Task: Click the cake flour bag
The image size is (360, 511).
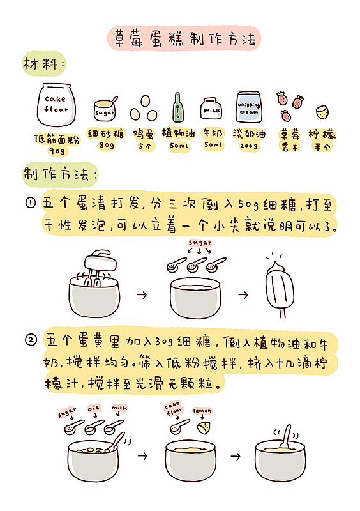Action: (57, 105)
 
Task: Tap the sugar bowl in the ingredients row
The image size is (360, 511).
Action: (105, 109)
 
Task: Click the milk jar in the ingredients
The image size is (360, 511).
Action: (211, 108)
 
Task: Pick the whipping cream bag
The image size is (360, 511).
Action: (249, 107)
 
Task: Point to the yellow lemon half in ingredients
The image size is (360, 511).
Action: (322, 112)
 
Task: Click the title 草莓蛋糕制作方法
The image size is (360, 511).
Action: (184, 39)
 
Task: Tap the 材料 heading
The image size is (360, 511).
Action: (43, 63)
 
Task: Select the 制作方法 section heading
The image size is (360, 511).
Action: (59, 174)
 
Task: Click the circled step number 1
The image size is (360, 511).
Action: (31, 203)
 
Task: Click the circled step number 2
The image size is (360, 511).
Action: (31, 340)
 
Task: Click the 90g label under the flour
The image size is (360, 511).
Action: (57, 151)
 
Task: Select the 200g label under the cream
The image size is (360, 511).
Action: (249, 146)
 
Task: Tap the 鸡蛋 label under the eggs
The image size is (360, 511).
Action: (144, 134)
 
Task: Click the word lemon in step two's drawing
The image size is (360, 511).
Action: (202, 411)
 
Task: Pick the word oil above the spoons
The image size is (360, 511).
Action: (94, 408)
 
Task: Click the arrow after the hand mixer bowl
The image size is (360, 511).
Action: (142, 295)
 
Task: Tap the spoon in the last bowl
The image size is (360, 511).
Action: (285, 436)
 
